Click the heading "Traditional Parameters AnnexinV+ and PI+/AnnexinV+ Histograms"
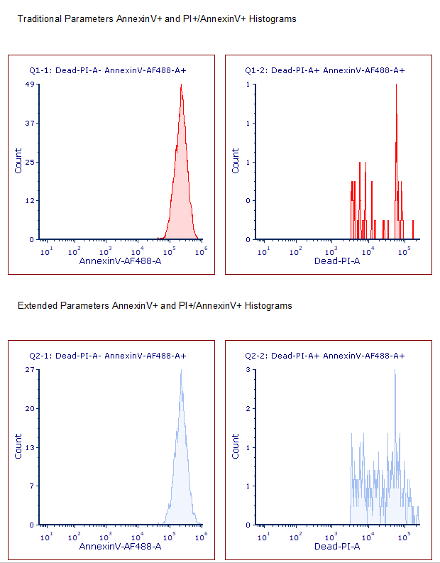pos(156,19)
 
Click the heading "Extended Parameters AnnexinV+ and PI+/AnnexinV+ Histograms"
pos(155,306)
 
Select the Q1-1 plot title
pos(107,71)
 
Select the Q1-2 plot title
pos(324,71)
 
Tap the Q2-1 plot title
pos(107,356)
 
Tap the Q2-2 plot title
pos(324,356)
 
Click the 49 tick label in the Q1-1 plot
pos(29,84)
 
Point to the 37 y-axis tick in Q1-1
pos(29,124)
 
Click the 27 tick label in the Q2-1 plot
pos(29,370)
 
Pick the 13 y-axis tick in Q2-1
pos(29,448)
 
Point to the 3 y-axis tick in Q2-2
pos(248,370)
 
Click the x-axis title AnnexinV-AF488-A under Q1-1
pos(120,261)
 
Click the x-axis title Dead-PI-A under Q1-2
pos(337,261)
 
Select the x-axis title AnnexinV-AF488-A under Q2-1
pos(120,546)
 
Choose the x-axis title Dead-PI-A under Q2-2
pos(337,546)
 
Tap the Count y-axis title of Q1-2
pos(236,161)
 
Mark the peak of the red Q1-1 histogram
pos(182,87)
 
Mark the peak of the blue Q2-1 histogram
pos(181,371)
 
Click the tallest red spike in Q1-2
pos(397,87)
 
